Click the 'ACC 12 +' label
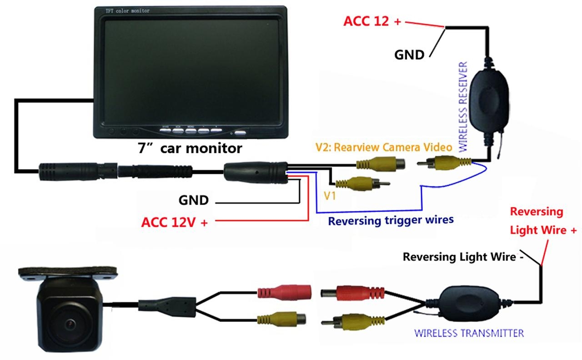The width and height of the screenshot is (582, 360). (372, 21)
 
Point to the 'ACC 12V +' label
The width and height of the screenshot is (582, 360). (175, 223)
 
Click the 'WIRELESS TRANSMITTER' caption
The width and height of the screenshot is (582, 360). (469, 333)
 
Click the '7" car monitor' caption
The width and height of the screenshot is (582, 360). (190, 148)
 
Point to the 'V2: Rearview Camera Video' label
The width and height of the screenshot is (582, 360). (384, 147)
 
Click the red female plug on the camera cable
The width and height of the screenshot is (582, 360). (284, 291)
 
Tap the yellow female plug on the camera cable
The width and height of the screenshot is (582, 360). (281, 319)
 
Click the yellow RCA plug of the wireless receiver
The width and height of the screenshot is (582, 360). (448, 162)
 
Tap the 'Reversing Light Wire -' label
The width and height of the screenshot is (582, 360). (459, 257)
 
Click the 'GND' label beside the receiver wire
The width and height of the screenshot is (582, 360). (409, 55)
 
